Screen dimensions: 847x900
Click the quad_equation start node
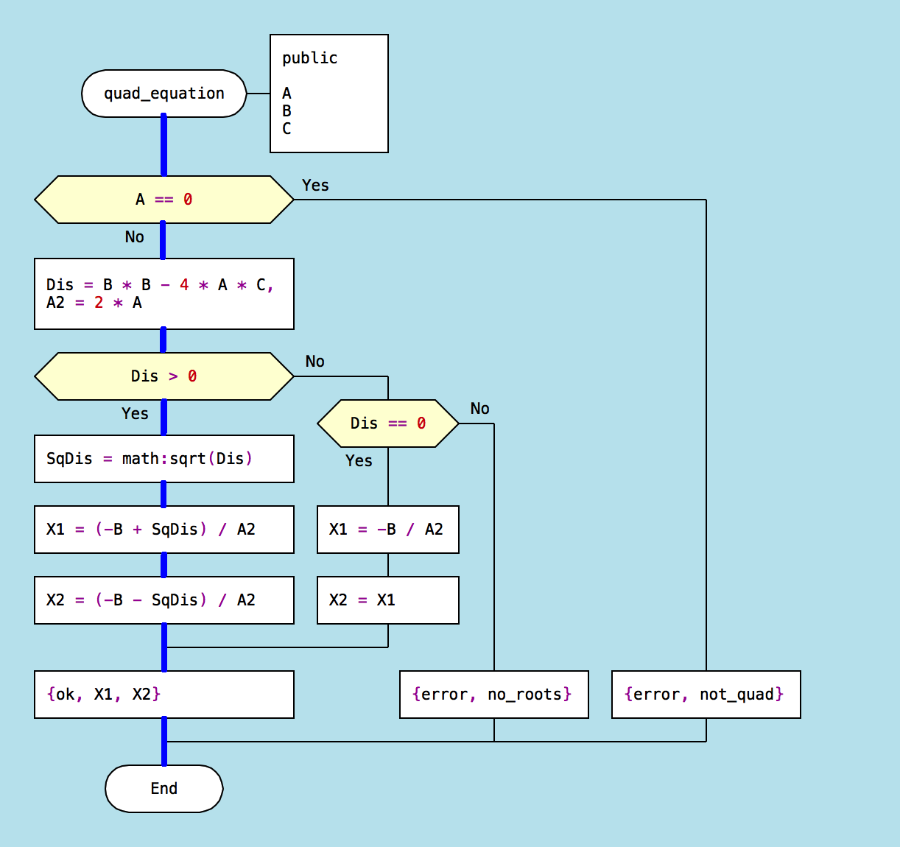(x=164, y=94)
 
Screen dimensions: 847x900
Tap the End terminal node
(x=164, y=789)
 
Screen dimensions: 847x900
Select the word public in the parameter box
(x=309, y=58)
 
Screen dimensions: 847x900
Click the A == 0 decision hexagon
(x=164, y=200)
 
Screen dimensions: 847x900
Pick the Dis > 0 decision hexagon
(x=164, y=376)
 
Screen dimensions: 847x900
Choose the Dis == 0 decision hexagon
(x=387, y=423)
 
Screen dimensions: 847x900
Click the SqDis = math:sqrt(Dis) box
(x=164, y=459)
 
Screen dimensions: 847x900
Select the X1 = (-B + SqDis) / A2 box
(x=164, y=530)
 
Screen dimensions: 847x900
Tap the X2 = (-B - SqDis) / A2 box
(x=164, y=600)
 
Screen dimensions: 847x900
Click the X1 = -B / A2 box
(x=387, y=530)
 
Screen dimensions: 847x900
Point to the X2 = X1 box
(x=387, y=600)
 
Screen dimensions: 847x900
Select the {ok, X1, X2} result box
(x=164, y=695)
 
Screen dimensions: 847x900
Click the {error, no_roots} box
(x=493, y=695)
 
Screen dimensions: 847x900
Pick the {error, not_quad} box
(x=706, y=695)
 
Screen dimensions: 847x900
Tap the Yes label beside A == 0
(x=315, y=186)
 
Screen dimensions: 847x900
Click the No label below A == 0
(x=134, y=237)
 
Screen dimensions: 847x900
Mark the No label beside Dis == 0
(x=479, y=409)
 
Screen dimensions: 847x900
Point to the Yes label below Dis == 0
(x=359, y=461)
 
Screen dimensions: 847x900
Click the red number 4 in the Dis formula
(x=184, y=285)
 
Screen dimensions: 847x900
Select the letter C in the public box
(x=286, y=129)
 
